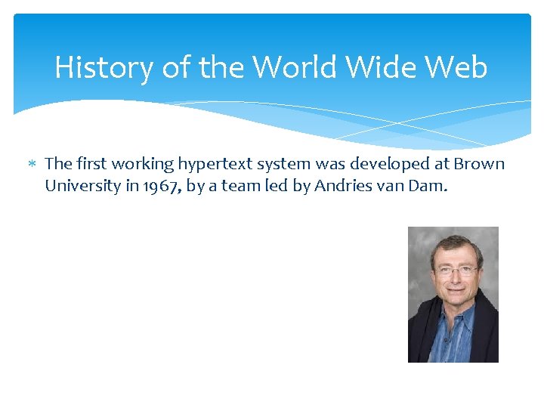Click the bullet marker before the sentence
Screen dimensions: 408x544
[32, 164]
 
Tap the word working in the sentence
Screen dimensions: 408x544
[143, 164]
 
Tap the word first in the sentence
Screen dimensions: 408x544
[91, 164]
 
